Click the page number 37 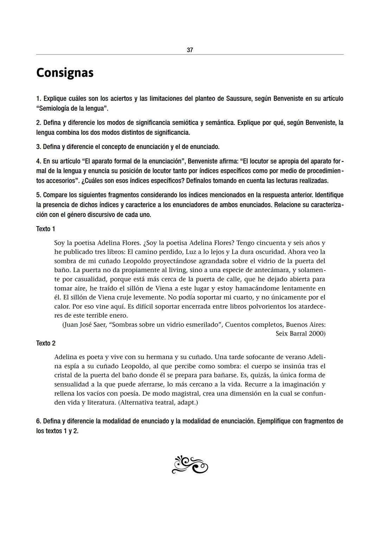[x=190, y=50]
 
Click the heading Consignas [x=65, y=72]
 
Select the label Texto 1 [x=46, y=229]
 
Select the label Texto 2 [x=46, y=343]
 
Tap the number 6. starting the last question [x=39, y=421]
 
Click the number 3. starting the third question [x=39, y=147]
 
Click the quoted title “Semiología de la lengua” [x=72, y=108]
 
